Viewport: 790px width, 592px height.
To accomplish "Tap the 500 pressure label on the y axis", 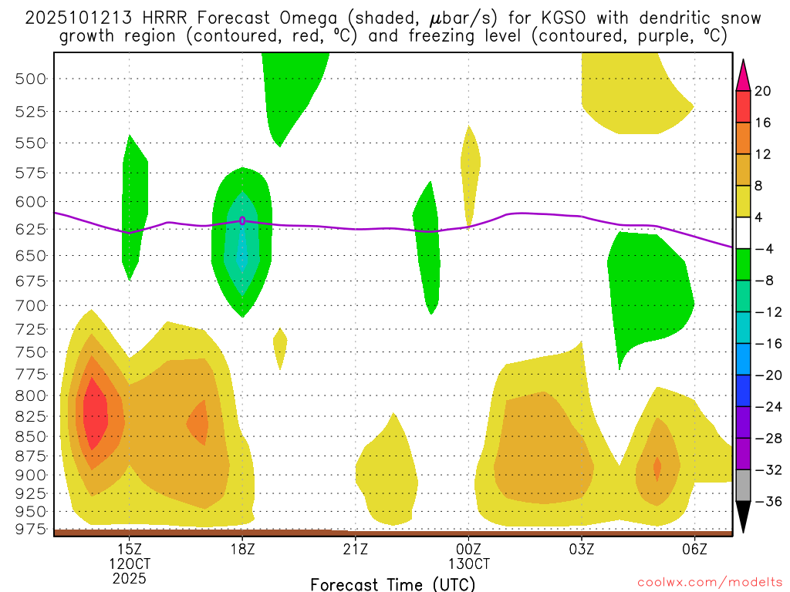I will tap(31, 79).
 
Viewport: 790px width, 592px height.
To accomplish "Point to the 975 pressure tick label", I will tap(31, 528).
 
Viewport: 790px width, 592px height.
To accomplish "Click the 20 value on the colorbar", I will tap(763, 91).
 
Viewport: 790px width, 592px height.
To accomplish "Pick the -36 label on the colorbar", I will tap(763, 502).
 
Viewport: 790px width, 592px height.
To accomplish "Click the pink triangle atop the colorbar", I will tap(744, 75).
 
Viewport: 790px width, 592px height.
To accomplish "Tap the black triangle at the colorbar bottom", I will tap(744, 516).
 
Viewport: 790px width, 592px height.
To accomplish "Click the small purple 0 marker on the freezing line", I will tap(242, 220).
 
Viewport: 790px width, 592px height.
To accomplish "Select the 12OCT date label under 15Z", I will tap(129, 563).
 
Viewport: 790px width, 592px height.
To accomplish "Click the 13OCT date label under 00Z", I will tap(468, 563).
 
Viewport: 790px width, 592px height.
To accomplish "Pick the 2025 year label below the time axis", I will tap(129, 577).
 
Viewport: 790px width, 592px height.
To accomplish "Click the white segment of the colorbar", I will tap(744, 233).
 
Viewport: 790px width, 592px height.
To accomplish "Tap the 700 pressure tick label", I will tap(31, 306).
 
